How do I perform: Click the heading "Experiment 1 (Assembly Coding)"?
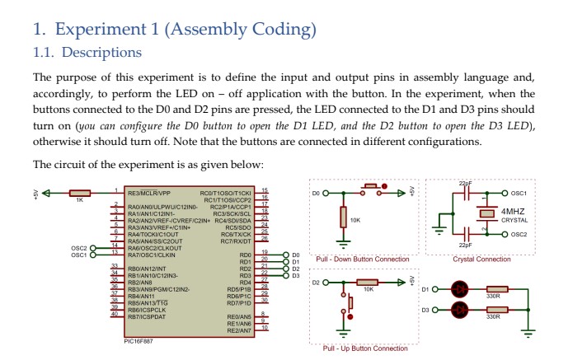pyautogui.click(x=173, y=30)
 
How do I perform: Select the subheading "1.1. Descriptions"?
pyautogui.click(x=87, y=53)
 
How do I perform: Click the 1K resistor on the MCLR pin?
pyautogui.click(x=79, y=192)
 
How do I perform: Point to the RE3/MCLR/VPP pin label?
pyautogui.click(x=148, y=192)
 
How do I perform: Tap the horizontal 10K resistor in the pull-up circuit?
pyautogui.click(x=369, y=283)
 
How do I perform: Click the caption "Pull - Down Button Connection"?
pyautogui.click(x=362, y=259)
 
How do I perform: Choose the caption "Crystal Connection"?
pyautogui.click(x=481, y=259)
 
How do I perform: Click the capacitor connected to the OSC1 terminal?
pyautogui.click(x=467, y=194)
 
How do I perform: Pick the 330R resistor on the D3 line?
pyautogui.click(x=495, y=310)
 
